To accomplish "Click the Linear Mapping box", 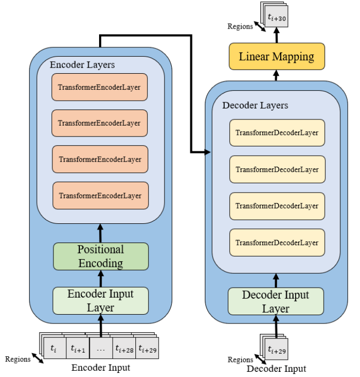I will click(x=276, y=56).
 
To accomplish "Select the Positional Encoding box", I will click(x=101, y=256).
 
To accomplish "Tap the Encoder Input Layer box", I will click(x=101, y=300).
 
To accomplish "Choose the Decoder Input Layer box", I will click(x=276, y=302).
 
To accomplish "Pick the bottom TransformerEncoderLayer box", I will click(x=100, y=195).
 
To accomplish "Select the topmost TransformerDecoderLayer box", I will click(x=277, y=133).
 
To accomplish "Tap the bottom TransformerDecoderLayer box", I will click(x=277, y=243).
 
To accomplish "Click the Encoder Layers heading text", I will click(x=82, y=65).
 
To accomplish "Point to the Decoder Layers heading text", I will click(x=255, y=105).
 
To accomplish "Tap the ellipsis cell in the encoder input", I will click(x=101, y=348).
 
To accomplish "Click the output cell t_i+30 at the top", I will click(x=276, y=19).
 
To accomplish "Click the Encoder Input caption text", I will click(x=100, y=368).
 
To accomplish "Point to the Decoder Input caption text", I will click(x=276, y=369).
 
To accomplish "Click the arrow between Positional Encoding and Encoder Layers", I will click(x=101, y=233).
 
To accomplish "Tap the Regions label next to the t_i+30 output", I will click(x=240, y=26).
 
